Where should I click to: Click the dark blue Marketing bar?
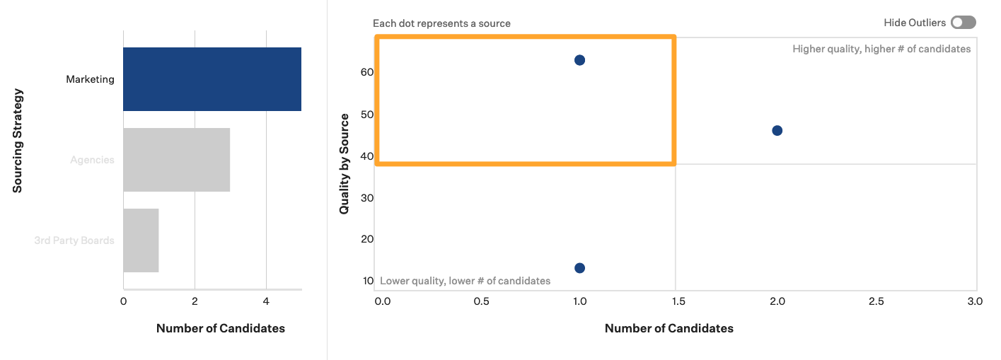(212, 79)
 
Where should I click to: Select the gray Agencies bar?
(176, 160)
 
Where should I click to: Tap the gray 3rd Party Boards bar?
(141, 240)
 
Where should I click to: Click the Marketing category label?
(90, 79)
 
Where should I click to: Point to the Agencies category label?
(92, 160)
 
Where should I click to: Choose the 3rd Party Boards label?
(74, 240)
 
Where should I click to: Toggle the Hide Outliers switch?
(963, 23)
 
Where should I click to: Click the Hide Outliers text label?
(914, 23)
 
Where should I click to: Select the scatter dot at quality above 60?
(579, 60)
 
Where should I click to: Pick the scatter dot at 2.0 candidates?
(777, 130)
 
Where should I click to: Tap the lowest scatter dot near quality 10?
(579, 267)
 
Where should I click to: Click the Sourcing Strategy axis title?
(18, 140)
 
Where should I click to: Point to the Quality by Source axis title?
(345, 163)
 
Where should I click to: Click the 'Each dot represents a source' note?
(441, 23)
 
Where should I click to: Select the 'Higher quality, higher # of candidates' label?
(881, 49)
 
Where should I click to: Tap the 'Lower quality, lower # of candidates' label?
(465, 281)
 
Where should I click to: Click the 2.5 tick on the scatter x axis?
(876, 301)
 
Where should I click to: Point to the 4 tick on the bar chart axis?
(266, 301)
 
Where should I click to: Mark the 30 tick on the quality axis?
(367, 197)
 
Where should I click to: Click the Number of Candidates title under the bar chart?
(220, 328)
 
